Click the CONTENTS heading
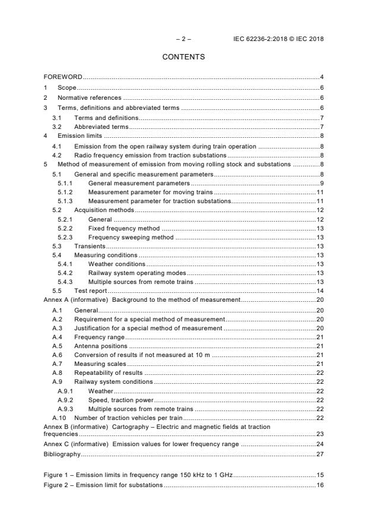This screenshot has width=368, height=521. tap(184, 57)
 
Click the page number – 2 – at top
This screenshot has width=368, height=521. tap(184, 39)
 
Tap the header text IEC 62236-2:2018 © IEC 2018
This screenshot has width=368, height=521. tap(280, 39)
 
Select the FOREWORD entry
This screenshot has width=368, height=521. tap(63, 77)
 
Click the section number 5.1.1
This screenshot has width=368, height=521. tap(65, 184)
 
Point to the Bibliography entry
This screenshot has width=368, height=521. tap(62, 454)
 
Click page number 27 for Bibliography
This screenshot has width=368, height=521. tap(319, 454)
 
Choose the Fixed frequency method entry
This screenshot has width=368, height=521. tap(123, 228)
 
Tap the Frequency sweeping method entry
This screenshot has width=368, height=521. tap(131, 237)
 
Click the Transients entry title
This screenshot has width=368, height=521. tap(90, 246)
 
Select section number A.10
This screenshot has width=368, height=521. tap(58, 418)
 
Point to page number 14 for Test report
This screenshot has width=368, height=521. tap(319, 291)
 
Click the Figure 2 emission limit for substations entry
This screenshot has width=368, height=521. tap(104, 485)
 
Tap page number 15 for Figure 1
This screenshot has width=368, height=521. tap(319, 476)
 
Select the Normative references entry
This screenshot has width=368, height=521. tap(89, 97)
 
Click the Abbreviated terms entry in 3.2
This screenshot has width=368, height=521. tap(101, 127)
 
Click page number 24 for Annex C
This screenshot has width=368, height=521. tap(319, 444)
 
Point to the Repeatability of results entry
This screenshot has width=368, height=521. tap(109, 372)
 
